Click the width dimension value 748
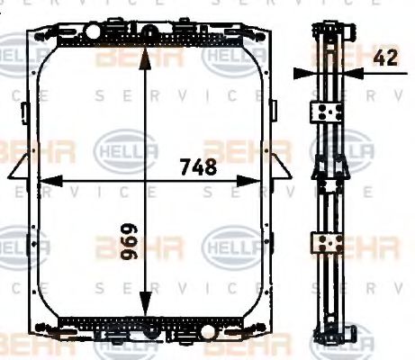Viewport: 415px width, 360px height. [x=198, y=166]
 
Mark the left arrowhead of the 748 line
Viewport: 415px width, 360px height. [x=41, y=180]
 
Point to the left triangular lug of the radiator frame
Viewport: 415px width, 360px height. [x=20, y=169]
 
